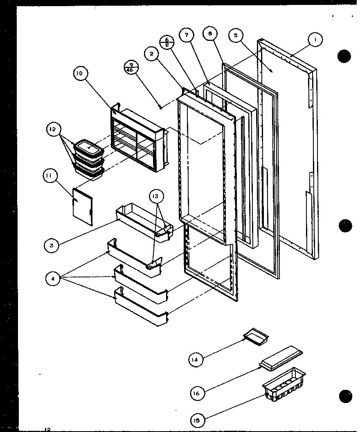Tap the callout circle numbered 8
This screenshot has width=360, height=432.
click(x=210, y=34)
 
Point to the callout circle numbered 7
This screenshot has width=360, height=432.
click(x=187, y=35)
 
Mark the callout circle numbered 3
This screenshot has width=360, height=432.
click(x=52, y=245)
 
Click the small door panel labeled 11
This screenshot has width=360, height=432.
click(x=82, y=207)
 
